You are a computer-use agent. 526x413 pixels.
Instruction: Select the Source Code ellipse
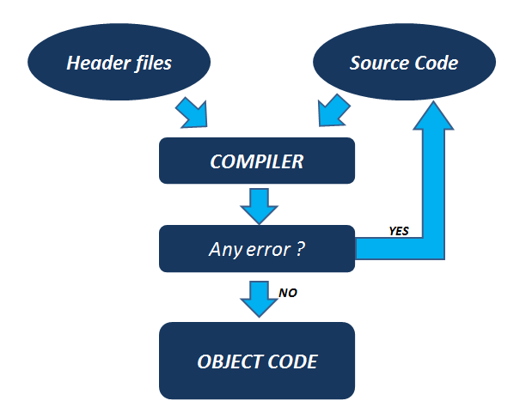404,64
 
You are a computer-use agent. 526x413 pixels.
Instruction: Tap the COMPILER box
257,161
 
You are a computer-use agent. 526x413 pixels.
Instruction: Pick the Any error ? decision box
257,249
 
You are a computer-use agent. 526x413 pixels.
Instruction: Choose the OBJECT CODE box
257,361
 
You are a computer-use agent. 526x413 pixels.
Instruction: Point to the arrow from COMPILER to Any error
257,204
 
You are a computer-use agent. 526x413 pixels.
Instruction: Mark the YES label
399,232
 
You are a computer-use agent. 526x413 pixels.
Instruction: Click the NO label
289,294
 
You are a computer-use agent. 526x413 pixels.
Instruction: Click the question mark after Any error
301,250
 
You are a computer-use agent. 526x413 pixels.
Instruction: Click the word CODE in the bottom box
291,361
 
